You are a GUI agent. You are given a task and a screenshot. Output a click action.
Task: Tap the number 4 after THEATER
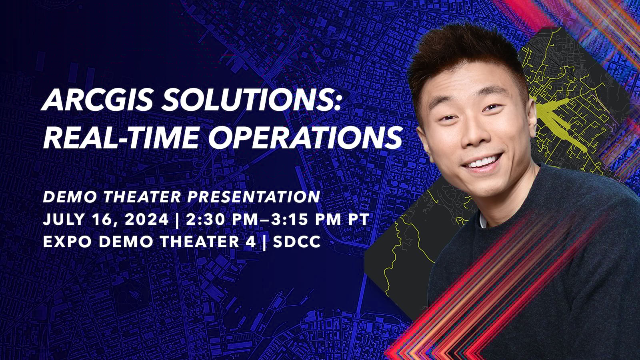[x=250, y=242]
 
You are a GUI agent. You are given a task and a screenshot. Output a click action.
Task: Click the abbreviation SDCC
[x=297, y=242]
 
